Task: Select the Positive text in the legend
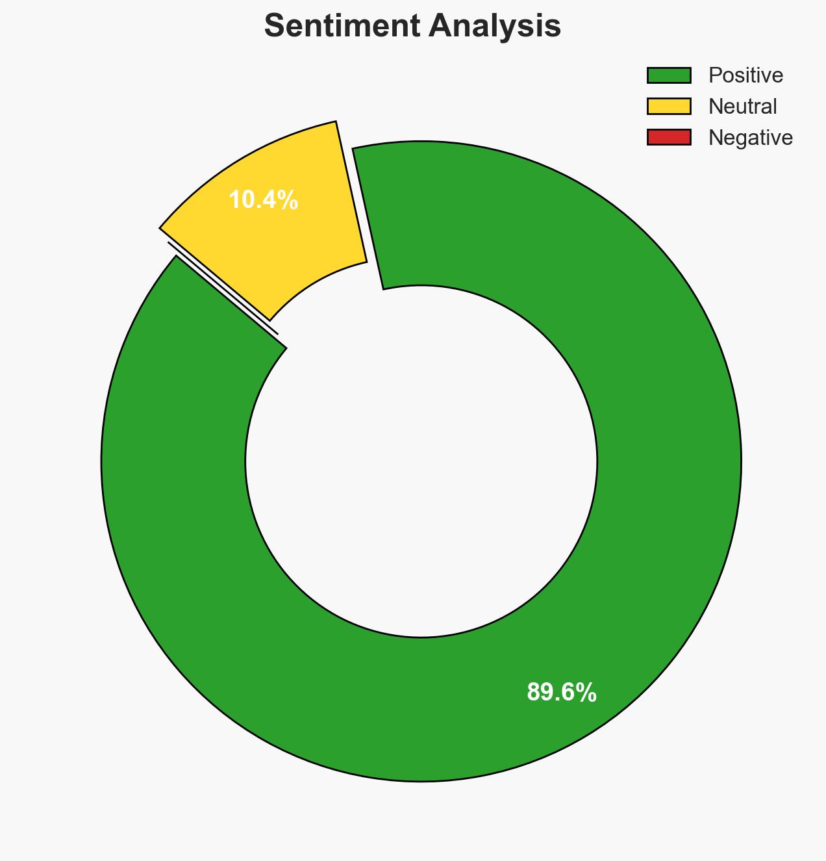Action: point(745,75)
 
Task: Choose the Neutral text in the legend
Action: point(742,107)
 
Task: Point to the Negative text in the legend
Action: point(750,138)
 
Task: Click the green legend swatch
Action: point(668,75)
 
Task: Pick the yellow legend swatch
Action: point(668,106)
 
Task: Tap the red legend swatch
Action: point(668,137)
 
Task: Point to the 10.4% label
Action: point(263,200)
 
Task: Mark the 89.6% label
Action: point(561,693)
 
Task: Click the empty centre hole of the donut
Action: point(421,461)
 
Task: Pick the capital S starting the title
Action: point(275,27)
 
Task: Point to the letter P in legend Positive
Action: point(714,75)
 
